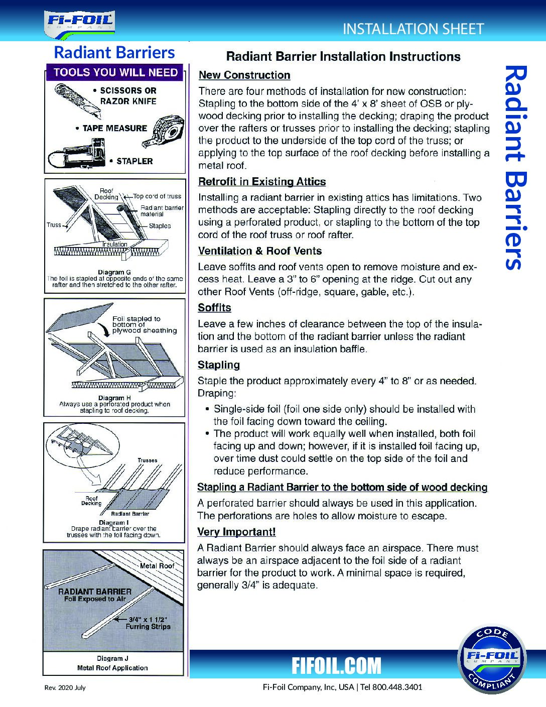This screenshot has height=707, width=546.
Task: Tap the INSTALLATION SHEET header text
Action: click(x=413, y=29)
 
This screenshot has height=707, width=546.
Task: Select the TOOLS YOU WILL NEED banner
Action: click(x=115, y=72)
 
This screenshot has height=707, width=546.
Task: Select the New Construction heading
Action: click(x=244, y=75)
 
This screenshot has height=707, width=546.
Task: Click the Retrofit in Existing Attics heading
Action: click(x=262, y=182)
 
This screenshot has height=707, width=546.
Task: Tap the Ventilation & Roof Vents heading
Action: click(x=260, y=251)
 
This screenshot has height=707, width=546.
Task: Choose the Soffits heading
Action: click(x=214, y=308)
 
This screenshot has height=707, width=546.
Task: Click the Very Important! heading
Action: click(x=236, y=532)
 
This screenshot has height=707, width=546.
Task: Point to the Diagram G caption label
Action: click(x=114, y=273)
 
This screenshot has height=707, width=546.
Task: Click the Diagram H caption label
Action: click(x=114, y=398)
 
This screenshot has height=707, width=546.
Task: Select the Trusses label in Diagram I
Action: click(x=148, y=460)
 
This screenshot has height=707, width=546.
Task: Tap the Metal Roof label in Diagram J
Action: click(x=157, y=566)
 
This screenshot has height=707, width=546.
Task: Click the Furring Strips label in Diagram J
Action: click(x=148, y=627)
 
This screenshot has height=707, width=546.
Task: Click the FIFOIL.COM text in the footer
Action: click(x=337, y=666)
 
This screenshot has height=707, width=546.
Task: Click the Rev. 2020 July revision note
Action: click(x=66, y=687)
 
